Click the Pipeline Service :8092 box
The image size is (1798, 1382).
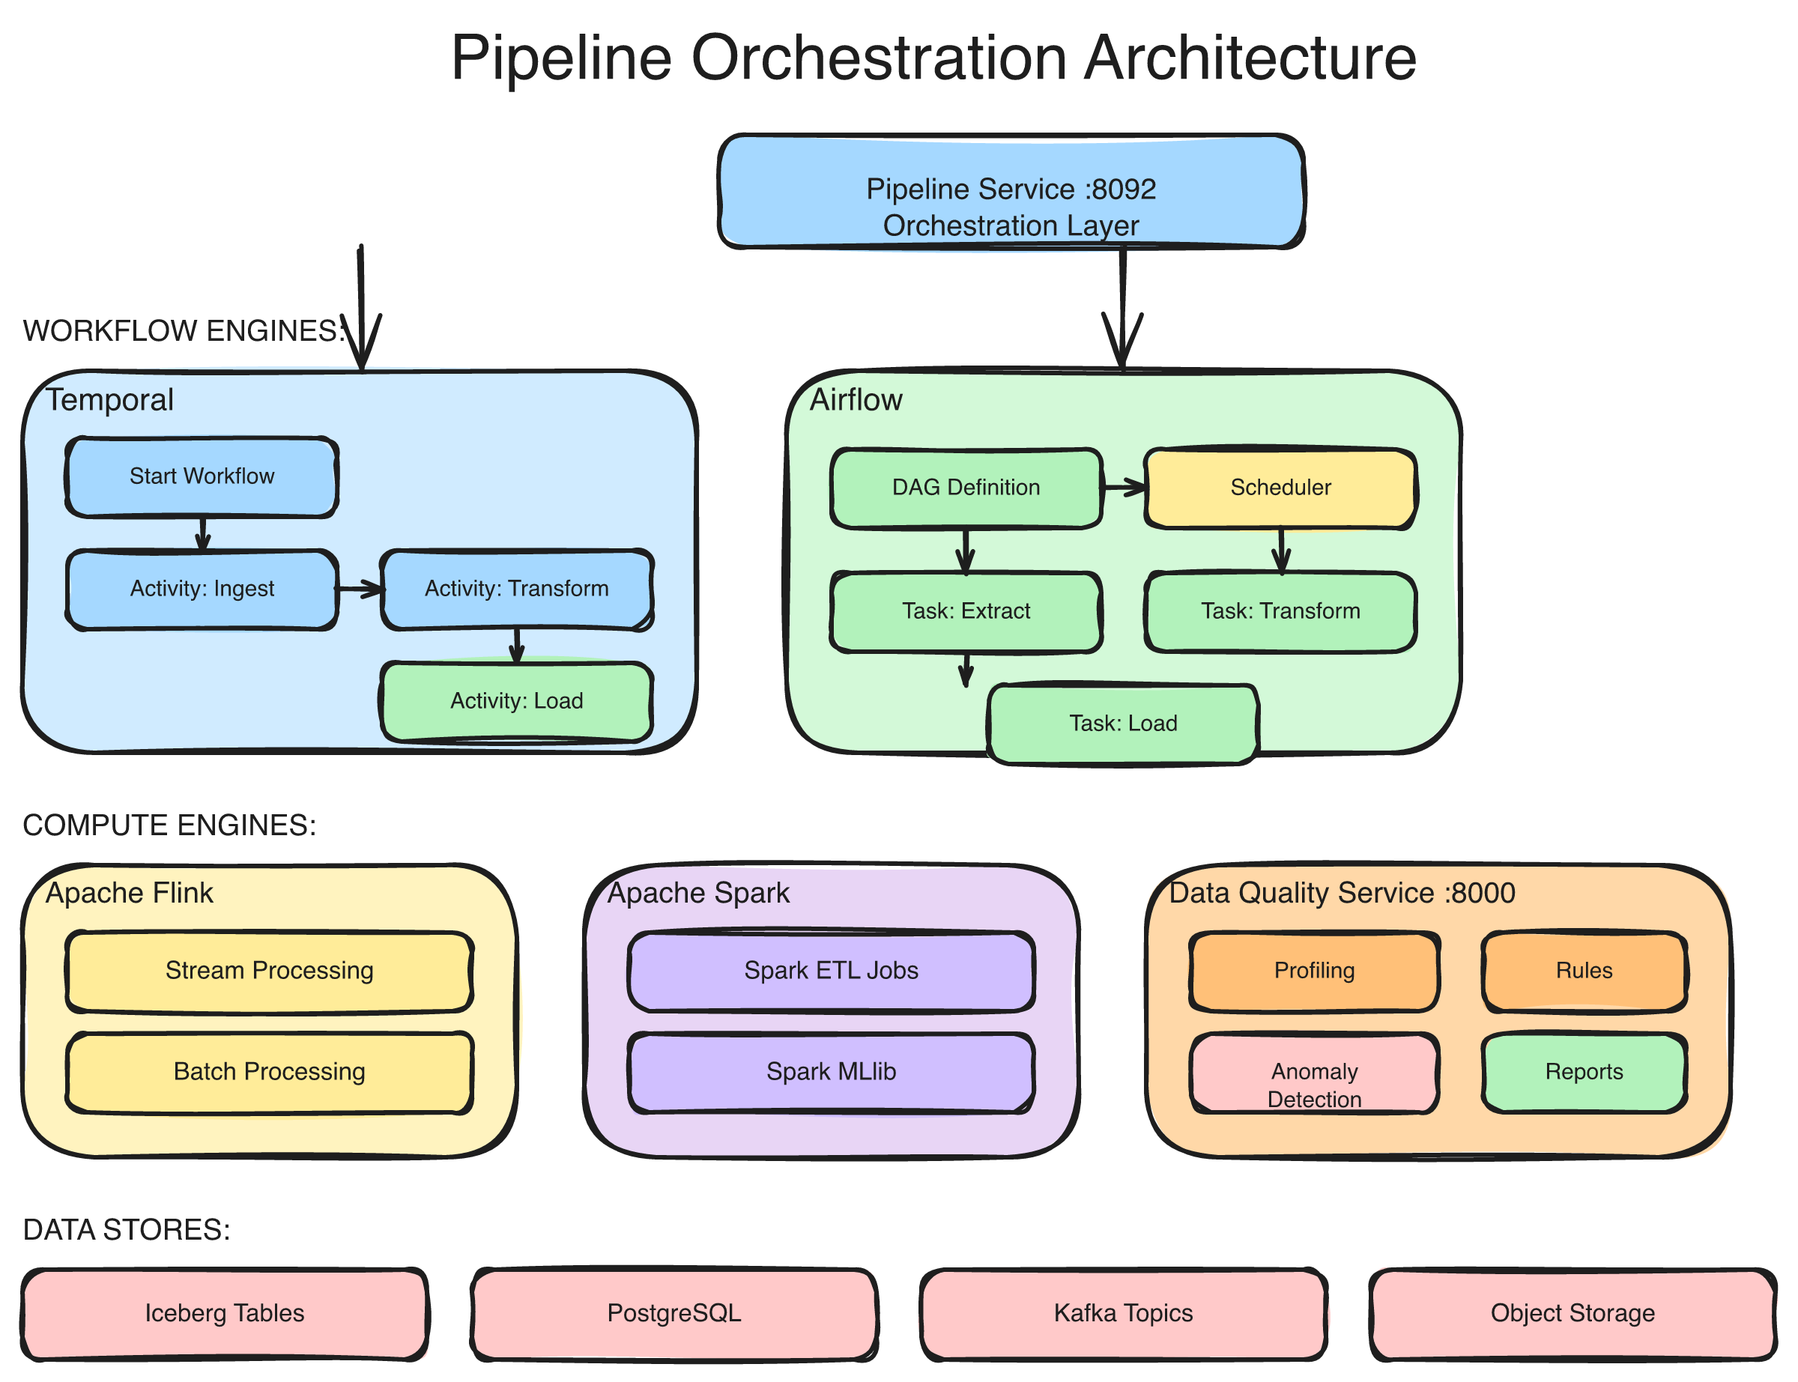(1010, 192)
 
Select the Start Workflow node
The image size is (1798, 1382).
(202, 477)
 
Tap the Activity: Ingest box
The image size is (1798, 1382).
(202, 589)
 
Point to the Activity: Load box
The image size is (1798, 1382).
(516, 701)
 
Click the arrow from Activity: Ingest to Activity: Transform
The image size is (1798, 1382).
(360, 589)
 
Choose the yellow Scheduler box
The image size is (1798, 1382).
(1280, 488)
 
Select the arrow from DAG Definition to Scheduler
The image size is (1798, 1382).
(1123, 488)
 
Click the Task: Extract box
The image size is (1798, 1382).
(966, 611)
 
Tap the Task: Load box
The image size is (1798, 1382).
(1123, 723)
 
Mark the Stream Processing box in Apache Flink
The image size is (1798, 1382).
(269, 971)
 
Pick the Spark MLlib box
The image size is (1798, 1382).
(831, 1072)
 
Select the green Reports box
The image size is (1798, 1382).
(1583, 1072)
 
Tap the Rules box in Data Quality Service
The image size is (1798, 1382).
(1583, 971)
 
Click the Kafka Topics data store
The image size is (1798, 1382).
(1123, 1313)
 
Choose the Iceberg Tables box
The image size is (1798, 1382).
(224, 1313)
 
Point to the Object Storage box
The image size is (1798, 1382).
(1572, 1313)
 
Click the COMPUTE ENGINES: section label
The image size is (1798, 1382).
(169, 825)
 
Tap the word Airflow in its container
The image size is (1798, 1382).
(856, 400)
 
